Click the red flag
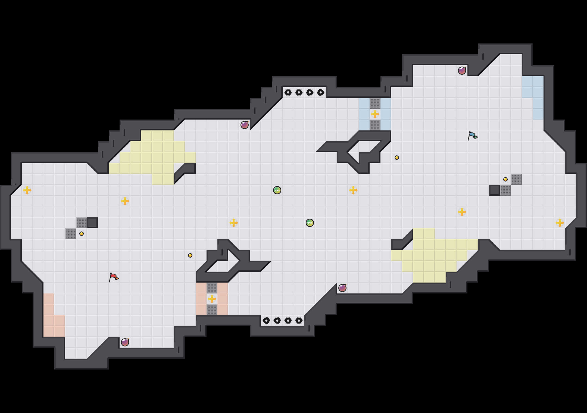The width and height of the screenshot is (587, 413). tap(114, 277)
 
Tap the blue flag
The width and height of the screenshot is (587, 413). tap(472, 136)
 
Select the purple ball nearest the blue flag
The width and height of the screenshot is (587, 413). tap(462, 71)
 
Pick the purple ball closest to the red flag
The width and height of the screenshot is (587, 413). tap(125, 342)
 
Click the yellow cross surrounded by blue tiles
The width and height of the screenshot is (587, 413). tap(375, 114)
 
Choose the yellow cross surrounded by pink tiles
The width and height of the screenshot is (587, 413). tap(212, 299)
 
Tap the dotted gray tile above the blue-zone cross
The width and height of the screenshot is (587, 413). tap(375, 103)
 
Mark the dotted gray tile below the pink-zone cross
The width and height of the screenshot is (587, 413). tap(212, 310)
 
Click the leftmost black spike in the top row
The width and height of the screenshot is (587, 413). tap(288, 92)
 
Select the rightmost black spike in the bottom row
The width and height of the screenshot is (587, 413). tap(299, 321)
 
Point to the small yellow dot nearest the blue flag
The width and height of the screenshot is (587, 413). tap(505, 179)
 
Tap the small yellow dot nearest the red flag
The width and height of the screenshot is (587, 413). tap(82, 234)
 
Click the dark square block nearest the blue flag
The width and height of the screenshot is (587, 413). tap(495, 190)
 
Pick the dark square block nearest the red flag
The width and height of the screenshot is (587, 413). tap(92, 223)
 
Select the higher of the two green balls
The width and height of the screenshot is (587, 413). tap(277, 190)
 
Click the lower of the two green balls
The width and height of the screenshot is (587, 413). tap(310, 223)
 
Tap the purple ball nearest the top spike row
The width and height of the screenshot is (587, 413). tap(245, 125)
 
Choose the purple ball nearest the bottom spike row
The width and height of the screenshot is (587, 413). tap(342, 288)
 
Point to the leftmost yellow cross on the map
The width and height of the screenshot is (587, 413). tap(27, 190)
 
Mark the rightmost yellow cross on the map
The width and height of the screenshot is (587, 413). tap(560, 223)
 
